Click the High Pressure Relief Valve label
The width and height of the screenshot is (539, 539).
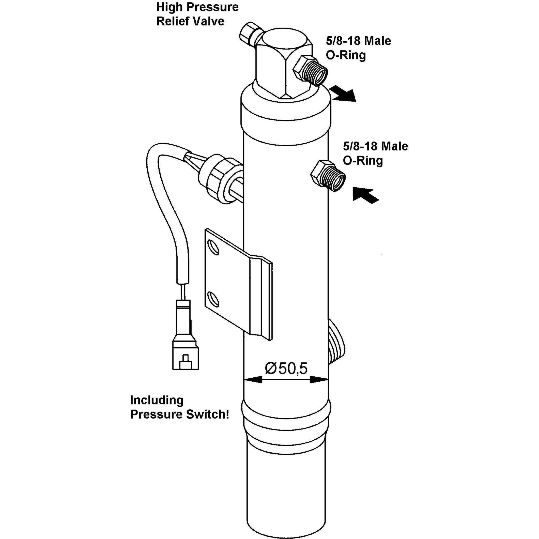tap(197, 14)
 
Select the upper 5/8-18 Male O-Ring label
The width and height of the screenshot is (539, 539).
tap(359, 48)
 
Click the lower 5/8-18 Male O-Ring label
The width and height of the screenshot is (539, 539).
tap(375, 153)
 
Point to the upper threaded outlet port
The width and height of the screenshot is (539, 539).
tap(310, 71)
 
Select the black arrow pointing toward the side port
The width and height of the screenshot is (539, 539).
tap(365, 194)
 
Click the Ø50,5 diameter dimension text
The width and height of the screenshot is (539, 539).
tap(286, 368)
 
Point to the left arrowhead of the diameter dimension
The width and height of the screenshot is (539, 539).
tap(253, 379)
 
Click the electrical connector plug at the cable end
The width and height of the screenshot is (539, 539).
tap(186, 335)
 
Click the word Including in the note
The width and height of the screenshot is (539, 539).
tap(157, 400)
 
